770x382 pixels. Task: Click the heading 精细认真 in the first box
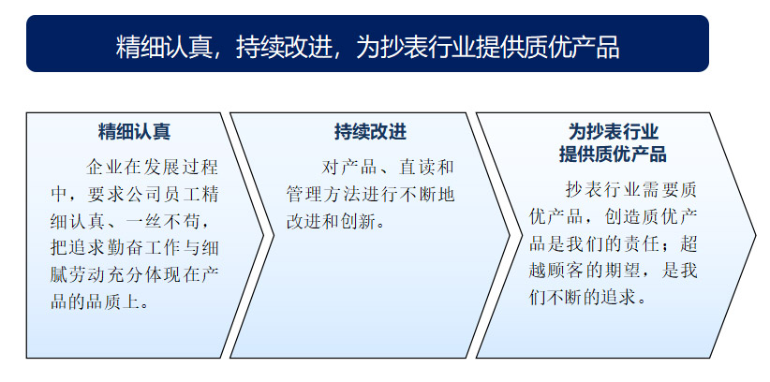point(134,132)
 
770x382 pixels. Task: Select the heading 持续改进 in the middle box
point(370,132)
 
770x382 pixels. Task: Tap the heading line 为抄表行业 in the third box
point(613,132)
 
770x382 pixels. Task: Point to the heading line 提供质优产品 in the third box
point(613,154)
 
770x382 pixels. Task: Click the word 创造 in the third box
point(623,217)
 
